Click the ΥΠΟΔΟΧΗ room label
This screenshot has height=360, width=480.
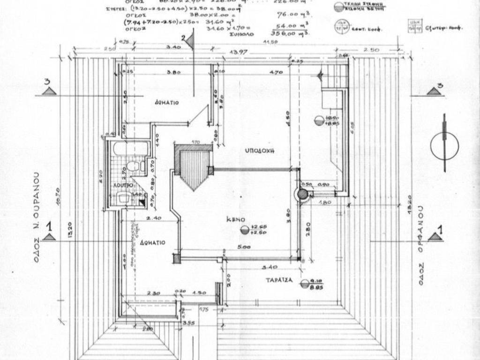(x=259, y=151)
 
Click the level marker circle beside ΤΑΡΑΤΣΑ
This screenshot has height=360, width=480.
(x=304, y=283)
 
